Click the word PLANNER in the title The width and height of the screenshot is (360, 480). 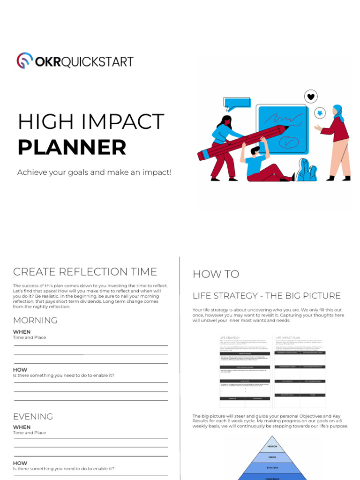[72, 147]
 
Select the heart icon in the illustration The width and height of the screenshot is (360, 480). [310, 97]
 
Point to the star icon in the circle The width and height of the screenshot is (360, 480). [320, 113]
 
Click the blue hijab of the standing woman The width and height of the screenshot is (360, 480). [338, 112]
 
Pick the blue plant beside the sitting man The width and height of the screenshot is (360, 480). [306, 170]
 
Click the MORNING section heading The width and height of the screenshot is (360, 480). [35, 321]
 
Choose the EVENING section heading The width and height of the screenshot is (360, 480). [33, 416]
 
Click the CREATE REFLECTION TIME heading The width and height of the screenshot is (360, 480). [85, 272]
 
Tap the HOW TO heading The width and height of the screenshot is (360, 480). [216, 275]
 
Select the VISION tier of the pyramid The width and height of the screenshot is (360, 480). [272, 457]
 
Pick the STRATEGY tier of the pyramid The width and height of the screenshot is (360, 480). [272, 467]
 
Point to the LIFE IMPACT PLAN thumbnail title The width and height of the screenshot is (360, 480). [287, 337]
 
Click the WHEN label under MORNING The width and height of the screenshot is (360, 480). [22, 332]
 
